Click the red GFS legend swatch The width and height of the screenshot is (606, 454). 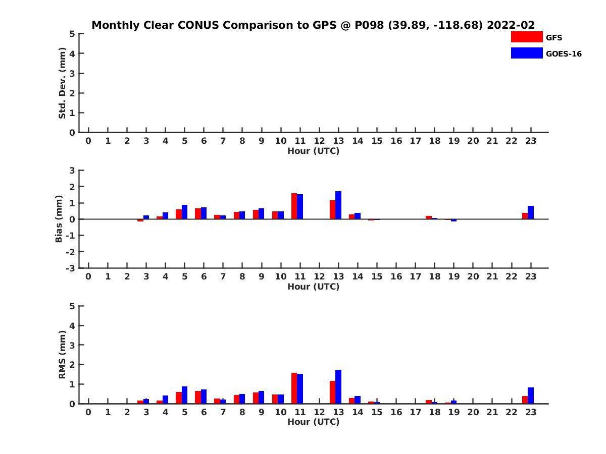[527, 37]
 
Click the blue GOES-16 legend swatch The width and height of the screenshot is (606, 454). [527, 53]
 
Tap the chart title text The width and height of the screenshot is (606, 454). [313, 25]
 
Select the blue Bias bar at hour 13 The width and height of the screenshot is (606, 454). [338, 205]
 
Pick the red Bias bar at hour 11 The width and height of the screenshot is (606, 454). [294, 206]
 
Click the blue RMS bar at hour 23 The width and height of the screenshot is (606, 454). [530, 395]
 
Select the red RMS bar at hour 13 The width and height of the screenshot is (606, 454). [332, 392]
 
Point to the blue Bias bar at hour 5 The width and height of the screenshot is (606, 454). [184, 212]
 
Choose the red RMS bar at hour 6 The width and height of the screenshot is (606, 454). [197, 397]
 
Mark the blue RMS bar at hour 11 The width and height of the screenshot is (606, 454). [300, 388]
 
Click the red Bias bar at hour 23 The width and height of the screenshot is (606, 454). [525, 216]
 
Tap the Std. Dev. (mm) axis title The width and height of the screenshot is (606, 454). [62, 83]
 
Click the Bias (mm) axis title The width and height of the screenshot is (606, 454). [59, 219]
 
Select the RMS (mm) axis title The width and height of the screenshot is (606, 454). [62, 355]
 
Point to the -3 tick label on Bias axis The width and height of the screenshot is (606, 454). [70, 268]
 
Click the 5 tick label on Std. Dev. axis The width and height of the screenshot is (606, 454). [72, 34]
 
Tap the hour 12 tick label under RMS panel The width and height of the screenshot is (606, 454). [319, 412]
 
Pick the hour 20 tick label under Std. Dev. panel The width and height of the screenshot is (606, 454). [473, 141]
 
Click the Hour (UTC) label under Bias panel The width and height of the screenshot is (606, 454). [314, 287]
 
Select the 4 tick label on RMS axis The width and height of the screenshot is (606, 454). [72, 326]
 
